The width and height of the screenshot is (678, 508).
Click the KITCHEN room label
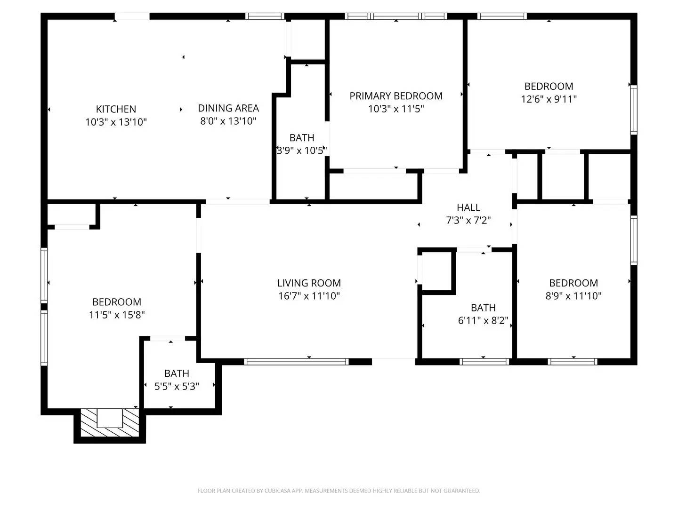pos(116,109)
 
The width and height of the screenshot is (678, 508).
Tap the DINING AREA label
pos(228,108)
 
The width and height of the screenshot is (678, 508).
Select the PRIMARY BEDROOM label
pos(396,96)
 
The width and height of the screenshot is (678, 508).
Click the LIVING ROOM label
pos(309,283)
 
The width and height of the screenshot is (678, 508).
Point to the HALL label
pos(468,207)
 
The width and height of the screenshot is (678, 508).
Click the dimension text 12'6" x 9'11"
pos(549,99)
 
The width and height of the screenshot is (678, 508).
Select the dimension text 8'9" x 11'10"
pos(573,296)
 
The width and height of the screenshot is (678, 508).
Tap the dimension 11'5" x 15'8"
pos(117,315)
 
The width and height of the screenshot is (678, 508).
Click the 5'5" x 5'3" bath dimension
pos(177,386)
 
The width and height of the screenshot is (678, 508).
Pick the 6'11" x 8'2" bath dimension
pos(483,321)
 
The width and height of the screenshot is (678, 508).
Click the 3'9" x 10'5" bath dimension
pos(302,151)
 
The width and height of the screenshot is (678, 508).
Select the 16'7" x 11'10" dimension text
pos(309,296)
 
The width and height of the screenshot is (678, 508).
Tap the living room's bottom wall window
pos(297,362)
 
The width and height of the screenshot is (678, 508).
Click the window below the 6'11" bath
pos(484,362)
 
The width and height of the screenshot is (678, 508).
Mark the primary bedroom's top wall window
pos(396,16)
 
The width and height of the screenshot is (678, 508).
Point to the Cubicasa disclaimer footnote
pos(339,491)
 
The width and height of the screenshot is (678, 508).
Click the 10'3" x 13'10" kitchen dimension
pos(116,122)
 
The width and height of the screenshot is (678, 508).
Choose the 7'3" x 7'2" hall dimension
pos(468,220)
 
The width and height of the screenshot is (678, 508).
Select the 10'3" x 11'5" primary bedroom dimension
pos(396,109)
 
